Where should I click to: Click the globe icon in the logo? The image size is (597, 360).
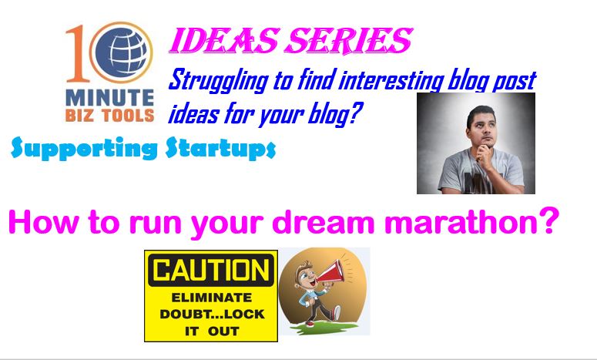tap(121, 52)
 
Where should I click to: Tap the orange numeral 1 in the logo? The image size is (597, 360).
tap(77, 53)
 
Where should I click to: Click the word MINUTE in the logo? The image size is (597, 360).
tap(109, 98)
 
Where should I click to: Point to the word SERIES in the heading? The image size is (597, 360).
tap(349, 41)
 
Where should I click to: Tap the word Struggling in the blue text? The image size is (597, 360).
tap(219, 81)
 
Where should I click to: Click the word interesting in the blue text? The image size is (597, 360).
tap(391, 81)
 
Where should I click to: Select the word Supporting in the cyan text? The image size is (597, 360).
tap(84, 148)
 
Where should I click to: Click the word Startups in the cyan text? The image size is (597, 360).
tap(221, 148)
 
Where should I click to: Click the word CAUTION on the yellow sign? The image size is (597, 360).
tap(211, 270)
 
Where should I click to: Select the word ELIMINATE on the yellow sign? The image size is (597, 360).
tap(212, 297)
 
